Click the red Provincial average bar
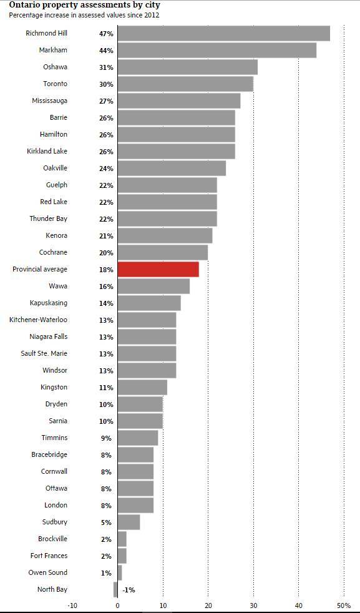point(158,270)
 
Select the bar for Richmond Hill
point(223,33)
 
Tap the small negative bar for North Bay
point(115,589)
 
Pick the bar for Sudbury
point(129,522)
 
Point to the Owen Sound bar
point(120,572)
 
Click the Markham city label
point(53,51)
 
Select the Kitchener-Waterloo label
point(38,320)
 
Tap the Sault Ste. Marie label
point(44,353)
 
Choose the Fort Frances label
point(49,556)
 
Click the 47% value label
point(106,34)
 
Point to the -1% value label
point(129,591)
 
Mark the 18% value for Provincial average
point(106,270)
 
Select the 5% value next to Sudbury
point(106,522)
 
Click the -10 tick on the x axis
point(72,606)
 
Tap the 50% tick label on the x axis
point(344,606)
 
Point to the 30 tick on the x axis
point(253,606)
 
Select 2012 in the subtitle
point(152,15)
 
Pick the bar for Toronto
point(185,84)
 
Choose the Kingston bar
point(142,388)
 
